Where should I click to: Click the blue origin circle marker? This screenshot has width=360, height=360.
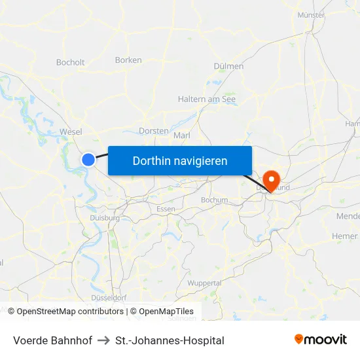pos(88,159)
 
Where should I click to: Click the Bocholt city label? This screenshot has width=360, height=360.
pos(71,63)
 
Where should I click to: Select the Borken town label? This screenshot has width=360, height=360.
pos(128,60)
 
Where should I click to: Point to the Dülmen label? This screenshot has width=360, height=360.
pos(228,66)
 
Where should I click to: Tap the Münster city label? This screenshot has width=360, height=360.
pos(311,14)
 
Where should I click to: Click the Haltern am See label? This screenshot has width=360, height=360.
pos(207,99)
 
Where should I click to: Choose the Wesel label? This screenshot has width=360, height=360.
pos(71,132)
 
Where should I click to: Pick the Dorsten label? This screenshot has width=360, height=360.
pos(154,131)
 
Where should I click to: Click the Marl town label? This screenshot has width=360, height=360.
pos(181,135)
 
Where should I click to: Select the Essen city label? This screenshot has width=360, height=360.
pos(166,209)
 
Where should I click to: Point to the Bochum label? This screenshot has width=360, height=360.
pos(215,200)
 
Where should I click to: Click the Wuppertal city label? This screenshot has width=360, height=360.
pos(204,283)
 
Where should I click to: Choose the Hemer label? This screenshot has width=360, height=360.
pos(345,236)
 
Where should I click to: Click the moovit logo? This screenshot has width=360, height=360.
pos(321,339)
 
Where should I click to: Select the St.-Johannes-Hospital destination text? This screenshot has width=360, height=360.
pos(170,340)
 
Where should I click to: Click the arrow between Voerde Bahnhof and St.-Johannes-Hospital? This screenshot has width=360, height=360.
pos(105,340)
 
